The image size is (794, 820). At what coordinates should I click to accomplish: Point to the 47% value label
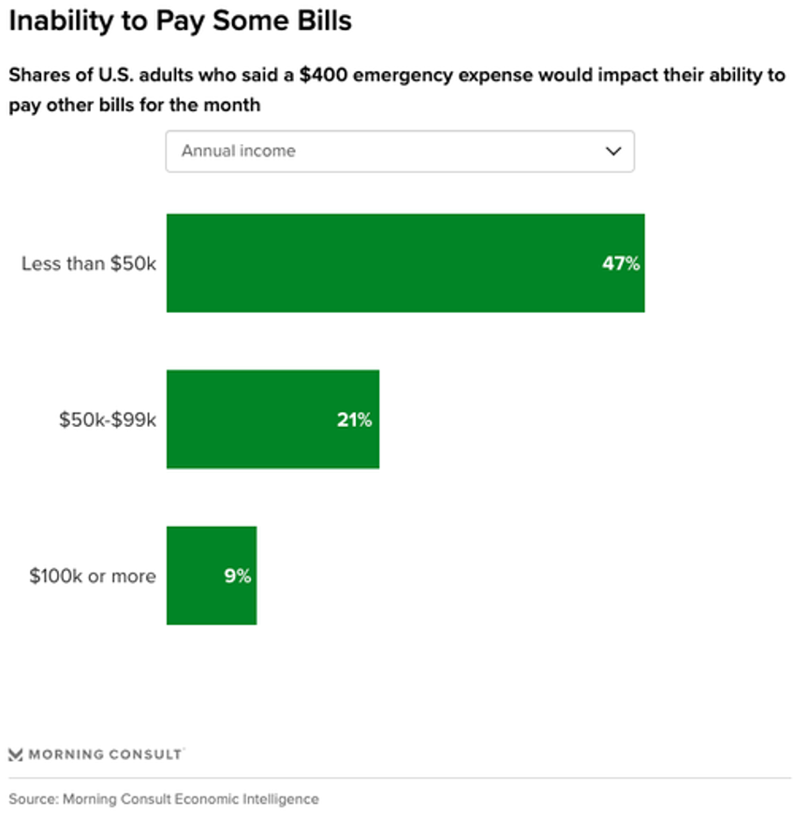[x=621, y=264]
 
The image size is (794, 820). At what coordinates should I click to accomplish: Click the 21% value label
[x=354, y=420]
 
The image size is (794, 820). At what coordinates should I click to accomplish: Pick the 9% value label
[x=237, y=577]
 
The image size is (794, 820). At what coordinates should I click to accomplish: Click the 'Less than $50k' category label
[x=89, y=263]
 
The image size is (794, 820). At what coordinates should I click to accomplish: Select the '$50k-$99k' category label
[x=107, y=419]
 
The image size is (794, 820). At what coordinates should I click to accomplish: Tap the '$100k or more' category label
[x=92, y=576]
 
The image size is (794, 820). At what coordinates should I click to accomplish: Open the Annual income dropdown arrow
[x=613, y=151]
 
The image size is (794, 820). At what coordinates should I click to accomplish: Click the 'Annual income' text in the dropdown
[x=238, y=151]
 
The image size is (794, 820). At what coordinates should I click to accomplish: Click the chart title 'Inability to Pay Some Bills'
[x=180, y=21]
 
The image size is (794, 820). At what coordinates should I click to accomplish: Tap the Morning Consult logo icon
[x=15, y=754]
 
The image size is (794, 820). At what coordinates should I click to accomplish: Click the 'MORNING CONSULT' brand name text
[x=105, y=754]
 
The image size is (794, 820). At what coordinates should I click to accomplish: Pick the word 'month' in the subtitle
[x=234, y=105]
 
